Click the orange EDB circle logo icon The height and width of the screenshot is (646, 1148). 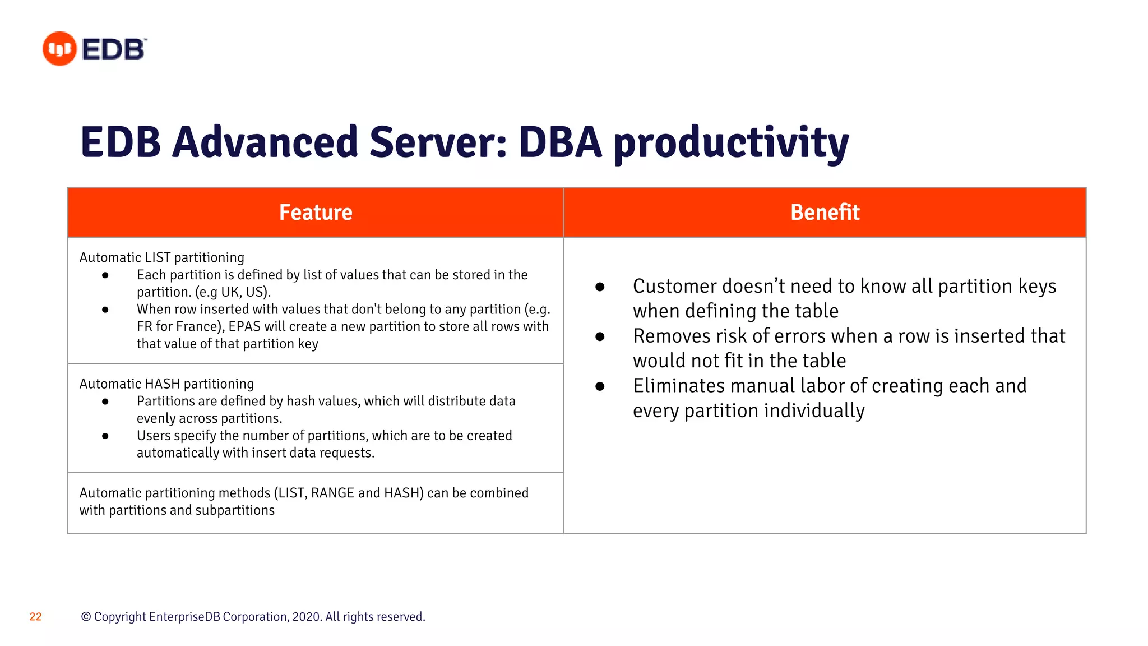[59, 49]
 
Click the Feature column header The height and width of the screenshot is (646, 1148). [316, 213]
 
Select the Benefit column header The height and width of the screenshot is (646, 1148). [825, 213]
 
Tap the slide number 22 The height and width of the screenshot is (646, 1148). [36, 617]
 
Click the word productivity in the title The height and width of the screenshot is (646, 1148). [731, 143]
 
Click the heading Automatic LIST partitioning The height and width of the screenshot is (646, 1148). [162, 257]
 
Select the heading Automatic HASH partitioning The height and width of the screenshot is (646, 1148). [166, 384]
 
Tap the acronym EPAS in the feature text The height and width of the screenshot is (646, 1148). [244, 327]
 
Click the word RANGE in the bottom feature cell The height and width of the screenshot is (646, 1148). [332, 493]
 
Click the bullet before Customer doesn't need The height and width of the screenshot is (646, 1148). [600, 287]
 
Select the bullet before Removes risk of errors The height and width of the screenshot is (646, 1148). [600, 336]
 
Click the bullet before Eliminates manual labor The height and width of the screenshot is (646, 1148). [600, 386]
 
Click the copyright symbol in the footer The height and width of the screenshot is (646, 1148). [86, 617]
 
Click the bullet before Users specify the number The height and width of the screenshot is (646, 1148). [105, 436]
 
